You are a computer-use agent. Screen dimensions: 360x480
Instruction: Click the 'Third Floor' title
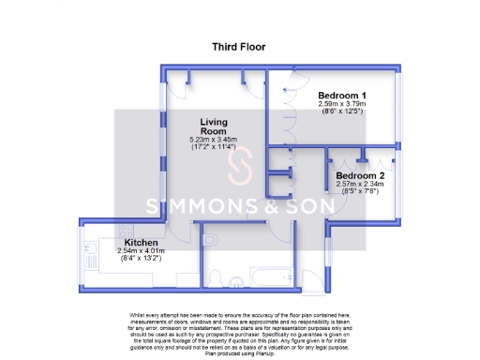(239, 46)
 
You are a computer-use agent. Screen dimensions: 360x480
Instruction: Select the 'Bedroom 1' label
(341, 96)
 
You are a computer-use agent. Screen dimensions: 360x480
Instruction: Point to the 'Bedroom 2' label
(359, 175)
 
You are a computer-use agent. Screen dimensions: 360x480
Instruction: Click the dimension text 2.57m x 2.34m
(359, 185)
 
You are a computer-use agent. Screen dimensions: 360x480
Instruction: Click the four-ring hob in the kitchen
(97, 248)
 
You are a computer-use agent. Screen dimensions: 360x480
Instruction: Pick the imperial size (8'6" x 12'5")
(341, 112)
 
